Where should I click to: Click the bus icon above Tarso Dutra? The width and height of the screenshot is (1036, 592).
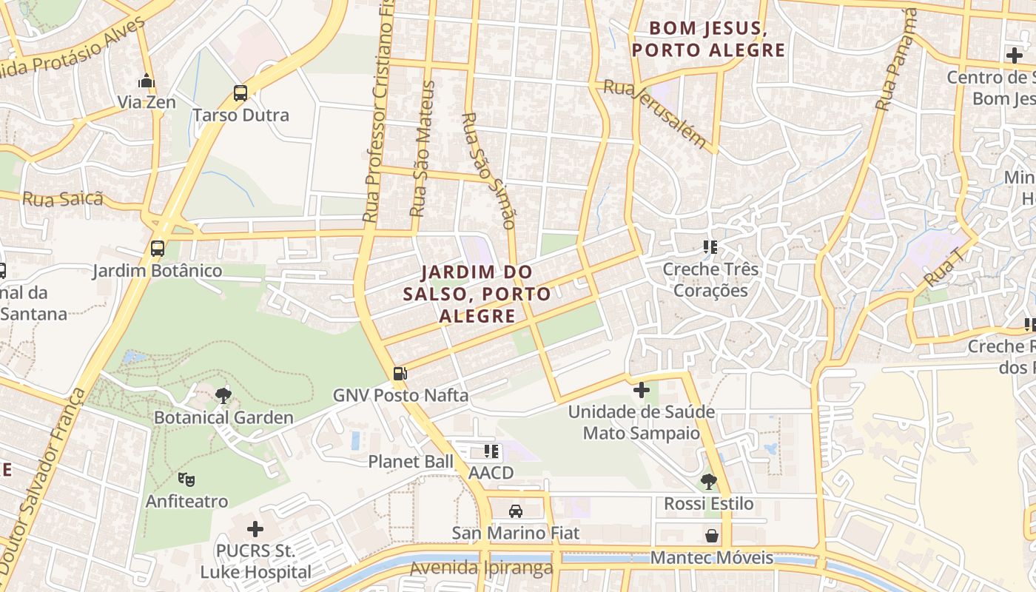240,93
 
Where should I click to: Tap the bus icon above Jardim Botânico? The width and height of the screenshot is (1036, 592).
158,249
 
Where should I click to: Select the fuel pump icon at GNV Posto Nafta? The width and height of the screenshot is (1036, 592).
400,374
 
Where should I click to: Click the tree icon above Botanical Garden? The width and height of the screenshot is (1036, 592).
223,396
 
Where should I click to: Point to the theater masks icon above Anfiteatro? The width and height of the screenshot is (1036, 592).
186,480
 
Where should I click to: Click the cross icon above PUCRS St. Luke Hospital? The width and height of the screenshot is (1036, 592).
255,529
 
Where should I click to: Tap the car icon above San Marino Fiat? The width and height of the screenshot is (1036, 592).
516,511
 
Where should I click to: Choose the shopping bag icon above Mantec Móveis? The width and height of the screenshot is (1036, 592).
712,535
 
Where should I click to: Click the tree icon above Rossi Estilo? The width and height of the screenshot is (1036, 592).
708,482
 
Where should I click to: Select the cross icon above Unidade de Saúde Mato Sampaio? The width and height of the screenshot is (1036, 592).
642,389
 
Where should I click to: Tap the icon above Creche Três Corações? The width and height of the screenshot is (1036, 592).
710,247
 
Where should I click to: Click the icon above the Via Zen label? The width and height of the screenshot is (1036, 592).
147,81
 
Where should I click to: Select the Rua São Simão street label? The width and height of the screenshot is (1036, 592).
488,170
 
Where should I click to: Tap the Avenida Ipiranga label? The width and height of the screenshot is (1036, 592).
481,568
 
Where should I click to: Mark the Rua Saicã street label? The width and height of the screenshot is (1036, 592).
62,199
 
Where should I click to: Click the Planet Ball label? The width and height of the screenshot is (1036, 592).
411,462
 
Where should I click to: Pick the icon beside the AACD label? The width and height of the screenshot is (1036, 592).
491,451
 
